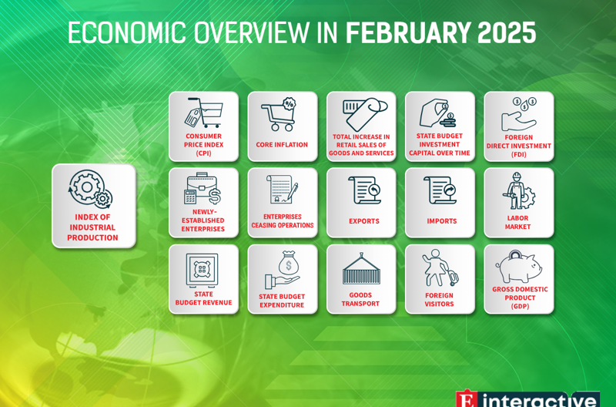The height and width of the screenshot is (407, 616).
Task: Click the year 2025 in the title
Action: (507, 32)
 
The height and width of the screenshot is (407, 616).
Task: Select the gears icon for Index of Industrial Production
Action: (91, 189)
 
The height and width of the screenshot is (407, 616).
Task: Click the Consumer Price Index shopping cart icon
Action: (204, 113)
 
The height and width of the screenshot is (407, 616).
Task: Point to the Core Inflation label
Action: (282, 145)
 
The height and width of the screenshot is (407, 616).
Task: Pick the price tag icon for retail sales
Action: (365, 114)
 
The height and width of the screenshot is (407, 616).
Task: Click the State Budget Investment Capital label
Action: (440, 144)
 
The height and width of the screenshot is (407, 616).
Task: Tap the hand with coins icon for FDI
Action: (519, 114)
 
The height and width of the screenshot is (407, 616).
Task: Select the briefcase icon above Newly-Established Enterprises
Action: (203, 188)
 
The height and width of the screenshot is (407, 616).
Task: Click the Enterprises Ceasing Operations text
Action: (283, 221)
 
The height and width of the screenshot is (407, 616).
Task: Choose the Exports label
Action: (364, 221)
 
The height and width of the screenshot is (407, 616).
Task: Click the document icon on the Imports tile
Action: (440, 190)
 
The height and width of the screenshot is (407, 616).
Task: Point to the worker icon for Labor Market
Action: (518, 190)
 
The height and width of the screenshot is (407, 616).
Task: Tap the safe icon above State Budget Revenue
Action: (202, 271)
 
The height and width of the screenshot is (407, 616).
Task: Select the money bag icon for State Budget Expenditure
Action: (283, 270)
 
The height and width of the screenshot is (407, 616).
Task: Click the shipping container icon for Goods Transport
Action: (361, 269)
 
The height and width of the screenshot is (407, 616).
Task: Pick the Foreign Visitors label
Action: (439, 300)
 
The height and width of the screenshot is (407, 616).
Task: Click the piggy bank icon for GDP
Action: (518, 266)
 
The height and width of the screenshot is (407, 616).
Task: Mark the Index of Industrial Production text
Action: (92, 227)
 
